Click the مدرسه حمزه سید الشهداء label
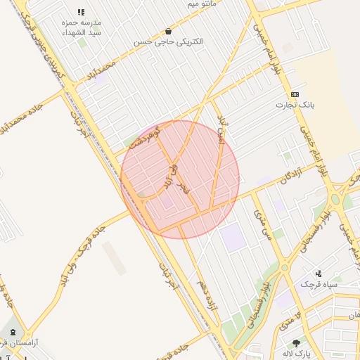pos(82,27)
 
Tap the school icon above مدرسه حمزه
pos(81,13)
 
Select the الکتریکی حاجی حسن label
pos(169,41)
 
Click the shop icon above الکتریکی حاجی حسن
pos(168,31)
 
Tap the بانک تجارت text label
pos(296,105)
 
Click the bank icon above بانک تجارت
pos(295,94)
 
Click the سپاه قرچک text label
pos(319,284)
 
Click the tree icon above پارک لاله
pos(297,342)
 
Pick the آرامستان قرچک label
pos(18,342)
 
